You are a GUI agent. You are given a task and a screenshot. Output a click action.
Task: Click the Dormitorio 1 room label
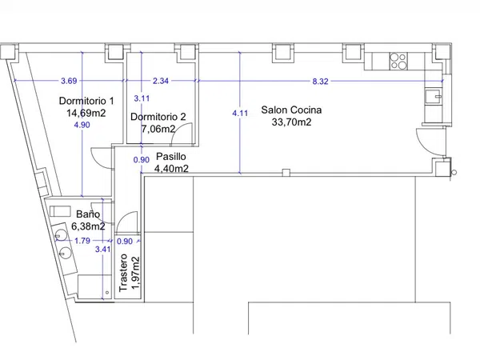pyautogui.click(x=86, y=101)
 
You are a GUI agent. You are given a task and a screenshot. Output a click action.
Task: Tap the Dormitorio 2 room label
pyautogui.click(x=158, y=117)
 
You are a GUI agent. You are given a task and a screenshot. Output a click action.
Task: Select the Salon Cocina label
pyautogui.click(x=291, y=110)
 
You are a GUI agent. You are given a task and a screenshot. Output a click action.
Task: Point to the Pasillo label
pyautogui.click(x=171, y=157)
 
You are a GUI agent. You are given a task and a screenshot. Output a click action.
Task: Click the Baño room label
pyautogui.click(x=88, y=214)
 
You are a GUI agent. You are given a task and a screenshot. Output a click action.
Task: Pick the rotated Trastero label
pyautogui.click(x=123, y=273)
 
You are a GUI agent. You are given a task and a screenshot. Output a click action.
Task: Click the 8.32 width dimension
pyautogui.click(x=320, y=82)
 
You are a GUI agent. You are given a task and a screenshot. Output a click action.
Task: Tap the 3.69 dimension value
pyautogui.click(x=69, y=81)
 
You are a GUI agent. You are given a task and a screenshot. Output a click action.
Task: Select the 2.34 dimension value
pyautogui.click(x=161, y=81)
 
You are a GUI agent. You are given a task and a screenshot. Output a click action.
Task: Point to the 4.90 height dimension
pyautogui.click(x=82, y=125)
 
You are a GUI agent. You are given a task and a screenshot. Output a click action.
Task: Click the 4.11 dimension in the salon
pyautogui.click(x=240, y=114)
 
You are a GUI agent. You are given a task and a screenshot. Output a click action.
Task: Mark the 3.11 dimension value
pyautogui.click(x=142, y=98)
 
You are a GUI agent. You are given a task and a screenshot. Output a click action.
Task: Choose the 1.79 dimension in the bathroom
pyautogui.click(x=82, y=241)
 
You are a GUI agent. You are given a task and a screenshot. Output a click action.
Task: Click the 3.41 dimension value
pyautogui.click(x=103, y=249)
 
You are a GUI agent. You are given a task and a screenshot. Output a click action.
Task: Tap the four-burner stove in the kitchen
pyautogui.click(x=398, y=61)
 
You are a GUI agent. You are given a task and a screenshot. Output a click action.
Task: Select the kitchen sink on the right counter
pyautogui.click(x=433, y=96)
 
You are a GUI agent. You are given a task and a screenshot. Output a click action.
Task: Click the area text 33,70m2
pyautogui.click(x=291, y=122)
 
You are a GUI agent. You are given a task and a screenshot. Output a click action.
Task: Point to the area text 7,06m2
pyautogui.click(x=158, y=129)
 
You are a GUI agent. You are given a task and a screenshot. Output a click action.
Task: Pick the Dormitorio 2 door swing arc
pyautogui.click(x=178, y=128)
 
